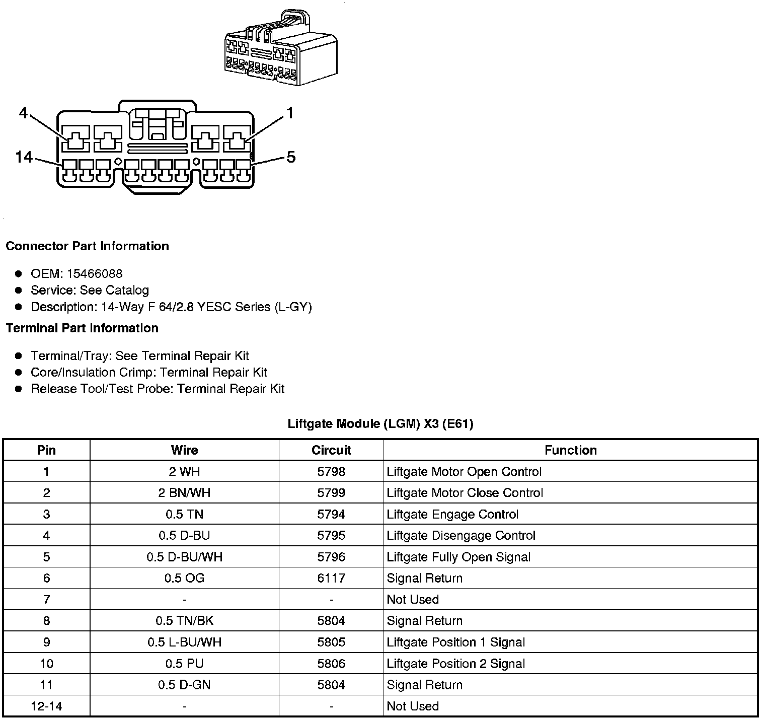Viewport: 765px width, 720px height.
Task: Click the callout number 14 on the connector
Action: (x=24, y=158)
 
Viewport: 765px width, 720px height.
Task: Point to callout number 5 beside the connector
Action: (x=291, y=158)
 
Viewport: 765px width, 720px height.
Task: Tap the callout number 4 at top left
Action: (x=23, y=113)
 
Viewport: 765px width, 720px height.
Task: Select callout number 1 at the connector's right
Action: (x=289, y=113)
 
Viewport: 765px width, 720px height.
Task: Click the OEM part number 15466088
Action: (x=95, y=273)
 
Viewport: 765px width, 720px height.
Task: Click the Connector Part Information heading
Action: (x=87, y=246)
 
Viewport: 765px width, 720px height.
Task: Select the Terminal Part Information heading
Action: (x=82, y=328)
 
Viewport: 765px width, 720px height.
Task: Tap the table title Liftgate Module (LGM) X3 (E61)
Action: (x=380, y=424)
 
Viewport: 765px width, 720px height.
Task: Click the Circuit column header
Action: (x=331, y=450)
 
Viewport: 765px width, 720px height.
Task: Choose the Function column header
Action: (x=571, y=450)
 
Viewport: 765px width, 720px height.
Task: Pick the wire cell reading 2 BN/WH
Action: (x=184, y=493)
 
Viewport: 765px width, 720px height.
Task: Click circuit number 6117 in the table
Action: (x=331, y=578)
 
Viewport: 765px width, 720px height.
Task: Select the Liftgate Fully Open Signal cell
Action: (x=458, y=557)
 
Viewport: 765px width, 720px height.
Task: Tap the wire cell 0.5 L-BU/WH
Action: (x=184, y=642)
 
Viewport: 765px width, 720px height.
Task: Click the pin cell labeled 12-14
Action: (x=46, y=706)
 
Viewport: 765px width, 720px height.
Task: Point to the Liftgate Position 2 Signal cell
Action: (x=455, y=664)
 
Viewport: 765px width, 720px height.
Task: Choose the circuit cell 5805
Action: (x=331, y=642)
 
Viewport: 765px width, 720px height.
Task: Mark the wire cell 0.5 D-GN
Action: (x=184, y=685)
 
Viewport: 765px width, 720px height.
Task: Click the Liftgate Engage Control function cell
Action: (x=452, y=515)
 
